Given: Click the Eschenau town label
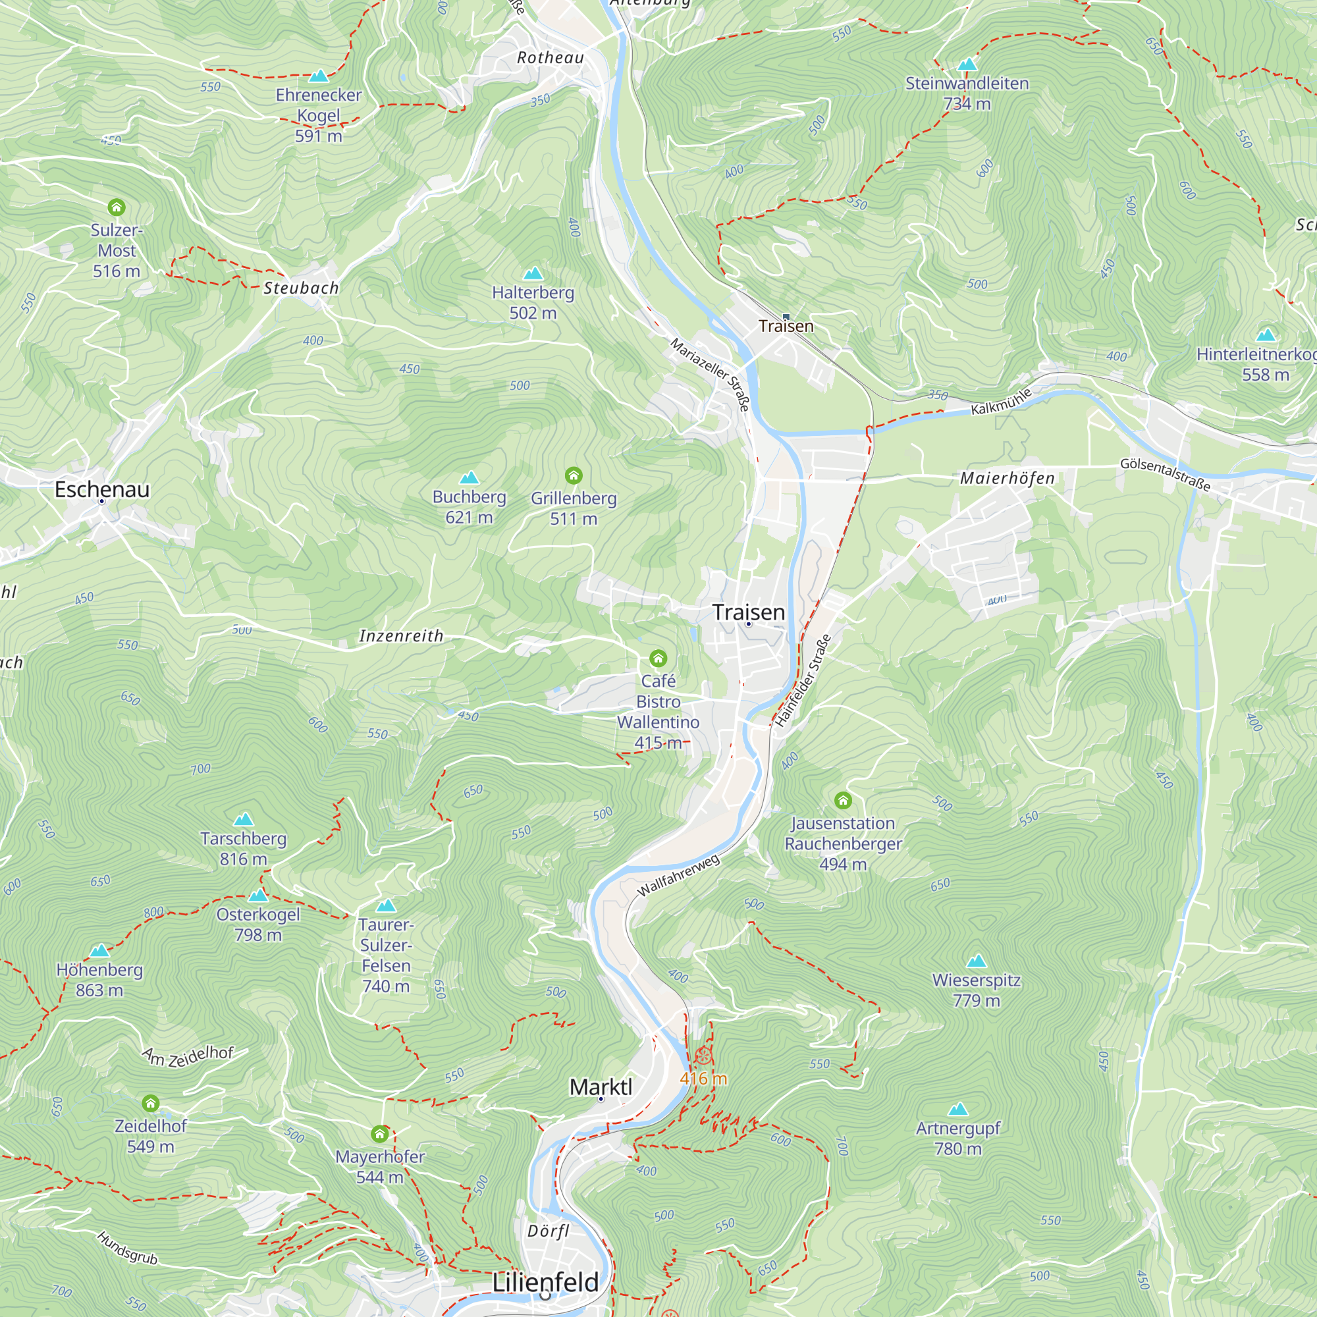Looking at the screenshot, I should (101, 489).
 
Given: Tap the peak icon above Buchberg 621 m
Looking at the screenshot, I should (469, 478).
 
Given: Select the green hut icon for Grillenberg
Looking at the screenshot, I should (574, 475).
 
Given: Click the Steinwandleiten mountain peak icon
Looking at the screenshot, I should (967, 65).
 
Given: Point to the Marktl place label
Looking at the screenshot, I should (601, 1087).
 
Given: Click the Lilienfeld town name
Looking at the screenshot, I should (545, 1282).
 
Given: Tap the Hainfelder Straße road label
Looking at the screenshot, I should (803, 680).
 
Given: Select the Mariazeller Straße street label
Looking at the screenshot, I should (711, 374).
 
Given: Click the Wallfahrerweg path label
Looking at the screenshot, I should (678, 876).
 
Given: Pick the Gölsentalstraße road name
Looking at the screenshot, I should (1165, 474).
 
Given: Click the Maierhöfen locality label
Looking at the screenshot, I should (1007, 479).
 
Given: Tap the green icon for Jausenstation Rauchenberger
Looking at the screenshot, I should (843, 800).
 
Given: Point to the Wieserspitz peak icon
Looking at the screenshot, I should (976, 961).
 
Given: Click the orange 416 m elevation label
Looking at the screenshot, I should (703, 1079).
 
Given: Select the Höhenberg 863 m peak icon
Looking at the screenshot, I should (99, 950).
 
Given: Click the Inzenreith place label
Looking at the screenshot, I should (401, 636).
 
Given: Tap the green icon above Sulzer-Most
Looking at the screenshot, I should (117, 207).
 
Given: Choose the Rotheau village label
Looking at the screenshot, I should (550, 58).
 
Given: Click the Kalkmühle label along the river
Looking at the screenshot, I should (1001, 402).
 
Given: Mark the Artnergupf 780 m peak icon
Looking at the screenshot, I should (957, 1109).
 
